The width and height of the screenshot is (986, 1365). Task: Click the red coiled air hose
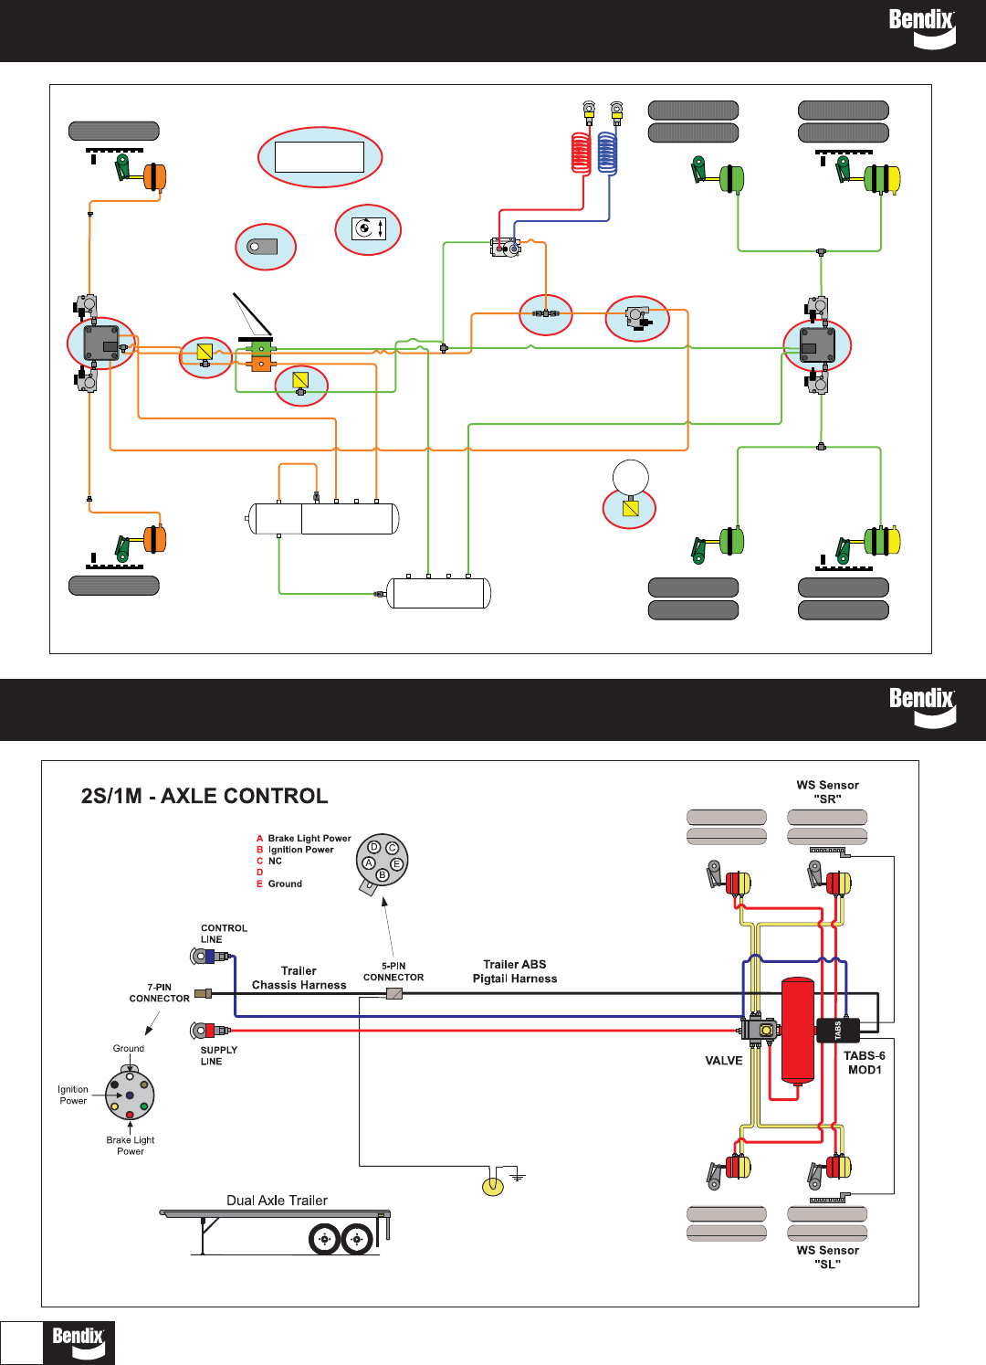click(x=581, y=153)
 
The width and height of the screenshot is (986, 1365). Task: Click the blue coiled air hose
click(x=607, y=153)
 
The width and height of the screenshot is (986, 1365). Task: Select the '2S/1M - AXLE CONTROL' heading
click(x=205, y=796)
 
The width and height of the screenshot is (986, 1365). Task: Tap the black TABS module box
click(x=838, y=1030)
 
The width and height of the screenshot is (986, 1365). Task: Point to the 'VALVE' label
click(x=723, y=1061)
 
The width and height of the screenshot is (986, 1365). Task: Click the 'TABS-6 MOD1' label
click(x=865, y=1063)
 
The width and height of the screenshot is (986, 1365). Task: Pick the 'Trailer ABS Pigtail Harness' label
click(x=515, y=971)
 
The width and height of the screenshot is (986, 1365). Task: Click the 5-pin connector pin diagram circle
click(x=382, y=861)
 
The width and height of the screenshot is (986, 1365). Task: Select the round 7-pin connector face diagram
click(x=130, y=1095)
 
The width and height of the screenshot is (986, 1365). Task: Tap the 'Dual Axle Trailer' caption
click(x=278, y=1201)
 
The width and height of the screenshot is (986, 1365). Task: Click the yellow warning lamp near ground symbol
click(x=493, y=1187)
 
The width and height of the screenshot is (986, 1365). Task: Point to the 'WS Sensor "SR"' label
click(x=827, y=791)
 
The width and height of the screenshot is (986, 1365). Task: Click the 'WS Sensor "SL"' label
click(x=827, y=1257)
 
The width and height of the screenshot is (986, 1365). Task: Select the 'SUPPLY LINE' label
click(x=218, y=1055)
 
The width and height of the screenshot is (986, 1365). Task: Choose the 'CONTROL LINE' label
click(x=224, y=934)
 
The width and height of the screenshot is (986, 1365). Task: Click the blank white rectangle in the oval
click(x=320, y=157)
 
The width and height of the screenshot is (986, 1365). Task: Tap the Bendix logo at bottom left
click(x=79, y=1343)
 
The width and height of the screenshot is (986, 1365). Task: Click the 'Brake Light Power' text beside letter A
click(x=309, y=839)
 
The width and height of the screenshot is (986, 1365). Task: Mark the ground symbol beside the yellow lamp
click(x=518, y=1176)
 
